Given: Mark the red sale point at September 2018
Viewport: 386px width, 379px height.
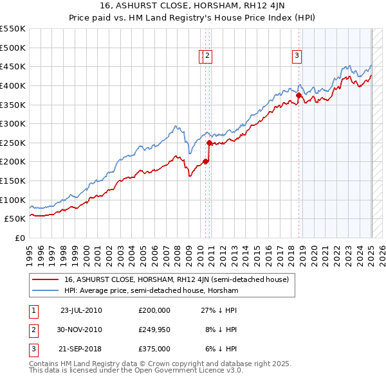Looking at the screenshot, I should click(x=299, y=95).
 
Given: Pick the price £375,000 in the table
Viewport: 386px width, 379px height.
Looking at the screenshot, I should click(x=154, y=349).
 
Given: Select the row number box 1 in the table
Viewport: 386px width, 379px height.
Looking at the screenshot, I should click(x=33, y=310).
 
